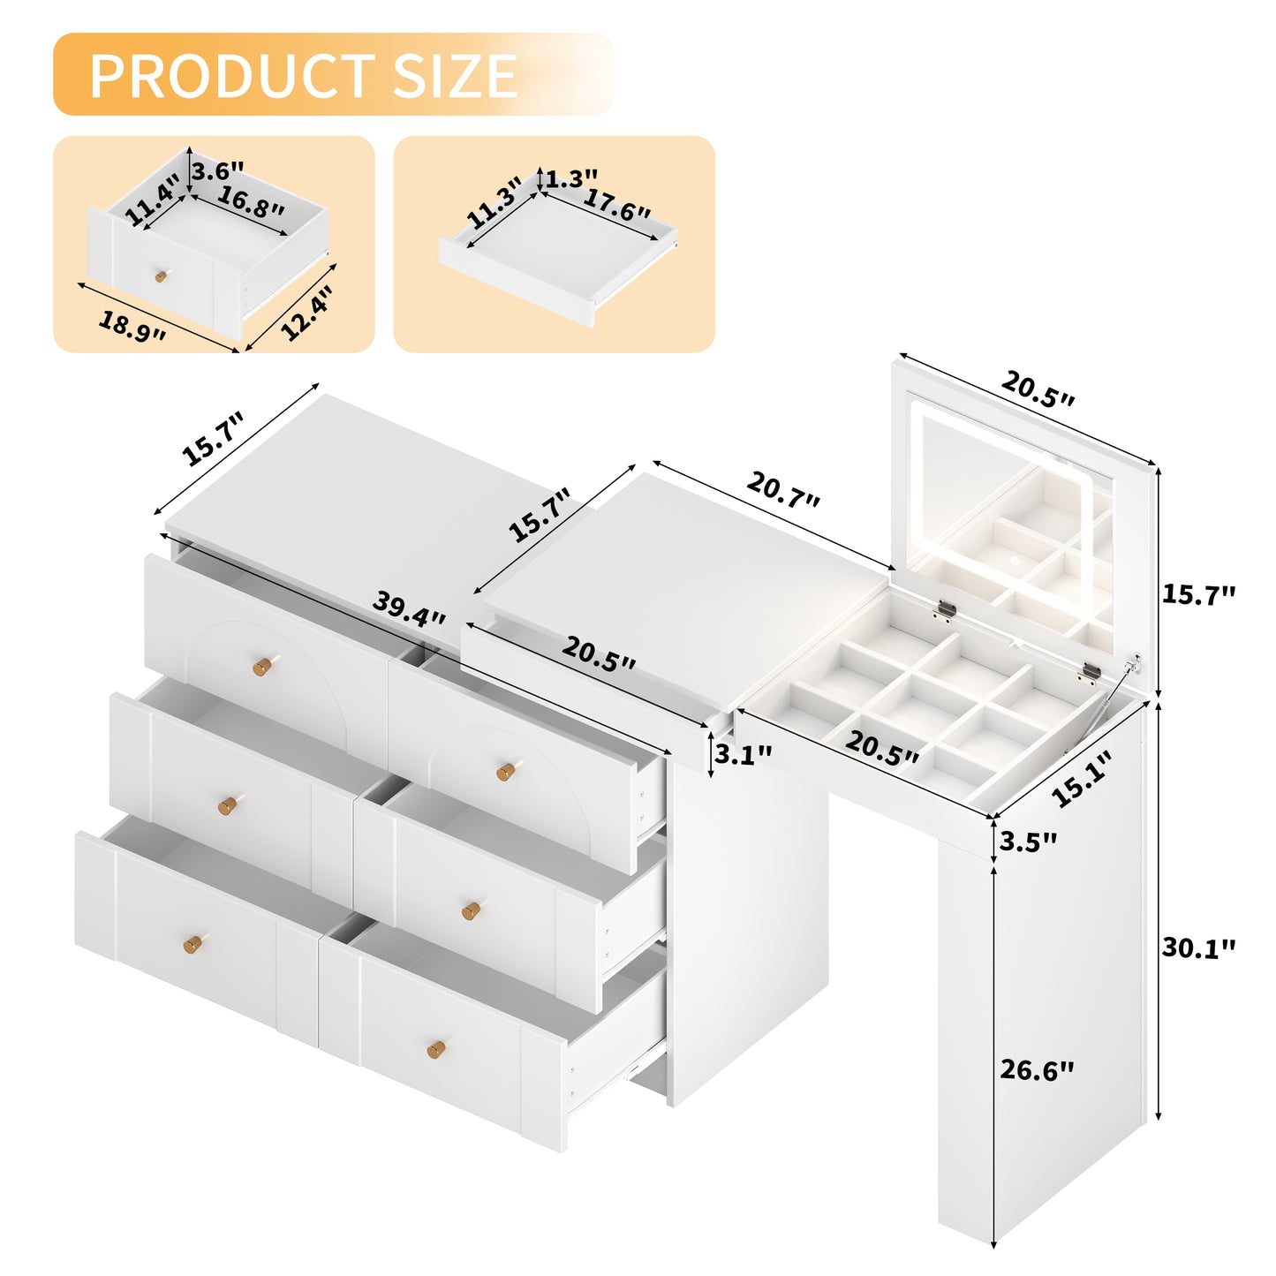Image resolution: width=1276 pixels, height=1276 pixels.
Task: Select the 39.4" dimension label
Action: (x=409, y=609)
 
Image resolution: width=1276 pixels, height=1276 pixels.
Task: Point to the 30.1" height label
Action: (x=1198, y=948)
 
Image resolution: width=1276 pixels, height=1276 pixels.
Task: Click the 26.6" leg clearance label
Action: (x=1037, y=1070)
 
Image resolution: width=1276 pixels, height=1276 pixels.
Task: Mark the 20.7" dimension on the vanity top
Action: (x=783, y=490)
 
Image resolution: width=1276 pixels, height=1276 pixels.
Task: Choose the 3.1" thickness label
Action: (x=743, y=755)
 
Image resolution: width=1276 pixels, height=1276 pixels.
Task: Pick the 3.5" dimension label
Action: (x=1028, y=842)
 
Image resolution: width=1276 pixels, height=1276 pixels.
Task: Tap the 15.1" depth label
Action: (x=1082, y=779)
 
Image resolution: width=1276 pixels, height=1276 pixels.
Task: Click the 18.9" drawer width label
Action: (x=132, y=328)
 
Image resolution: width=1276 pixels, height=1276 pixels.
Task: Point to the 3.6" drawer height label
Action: (x=218, y=170)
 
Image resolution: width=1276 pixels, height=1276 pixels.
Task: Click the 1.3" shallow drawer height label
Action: (x=571, y=179)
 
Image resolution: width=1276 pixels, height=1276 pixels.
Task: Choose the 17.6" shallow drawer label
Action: (x=616, y=205)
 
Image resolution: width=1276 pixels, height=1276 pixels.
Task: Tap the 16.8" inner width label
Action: (x=251, y=202)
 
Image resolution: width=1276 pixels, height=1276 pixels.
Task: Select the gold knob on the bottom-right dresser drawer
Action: (x=436, y=1049)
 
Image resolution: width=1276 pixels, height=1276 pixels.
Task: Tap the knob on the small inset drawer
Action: (x=161, y=276)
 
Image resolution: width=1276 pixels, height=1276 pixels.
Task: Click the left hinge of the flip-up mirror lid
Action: (x=946, y=610)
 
